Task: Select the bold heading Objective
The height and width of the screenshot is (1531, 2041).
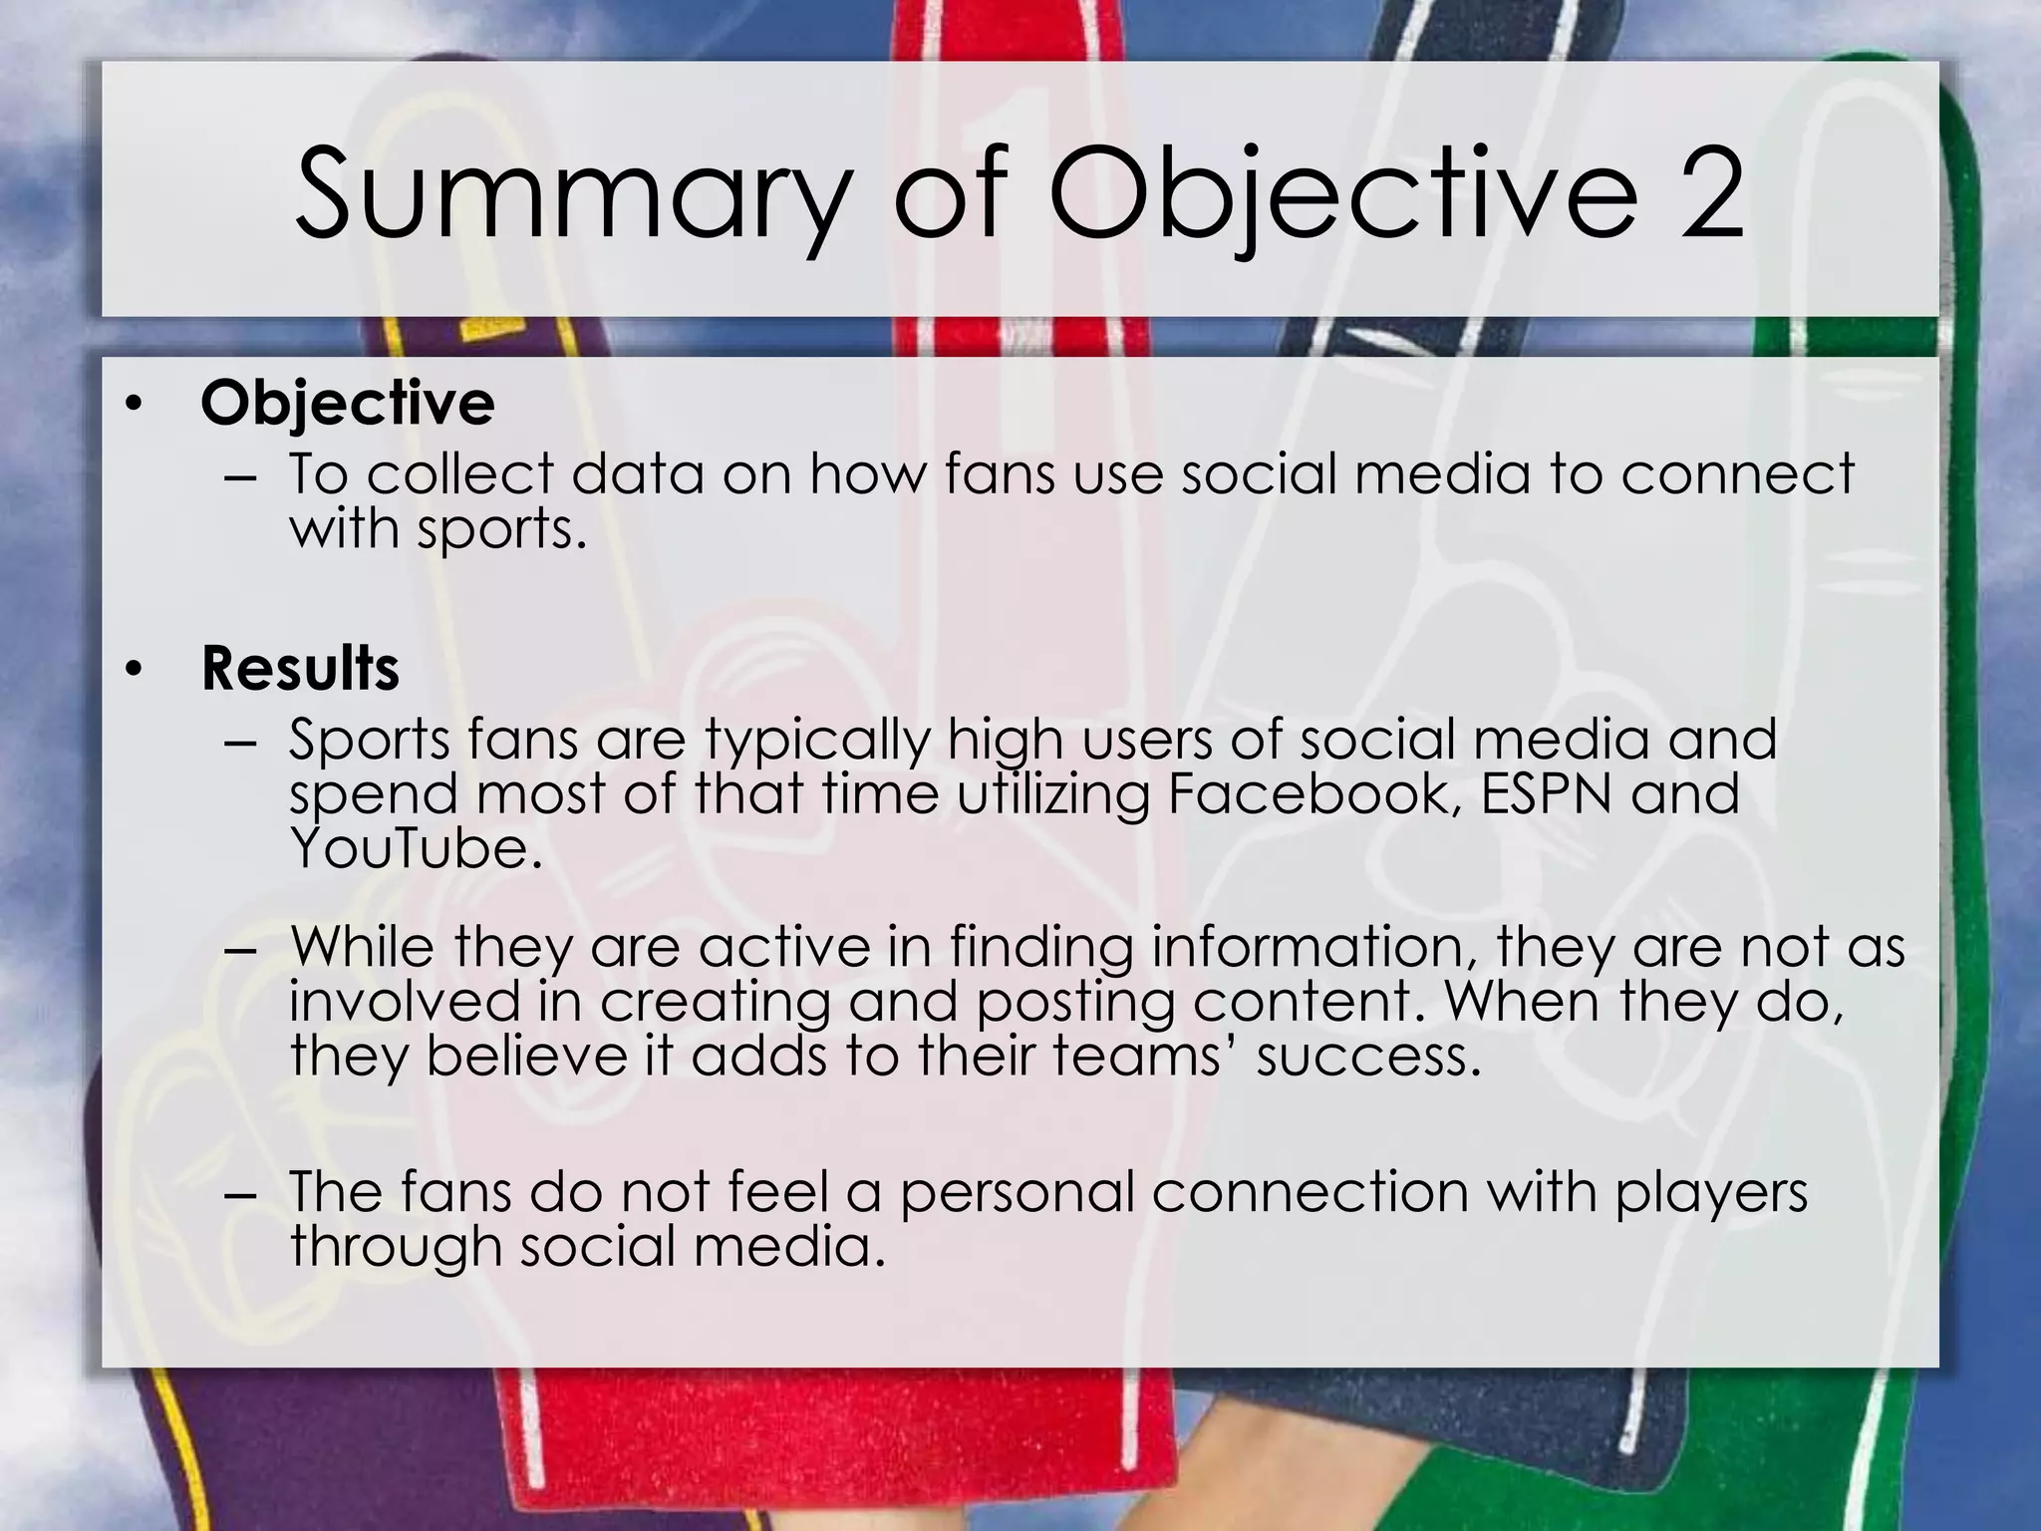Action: coord(347,404)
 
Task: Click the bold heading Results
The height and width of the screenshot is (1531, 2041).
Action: coord(300,668)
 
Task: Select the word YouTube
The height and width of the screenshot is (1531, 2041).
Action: coord(417,848)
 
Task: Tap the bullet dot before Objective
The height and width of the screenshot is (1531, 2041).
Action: coord(135,405)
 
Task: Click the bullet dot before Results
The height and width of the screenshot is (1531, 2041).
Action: coord(135,670)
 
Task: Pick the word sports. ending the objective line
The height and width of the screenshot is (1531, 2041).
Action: coord(501,528)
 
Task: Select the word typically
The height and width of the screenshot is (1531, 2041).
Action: coord(817,741)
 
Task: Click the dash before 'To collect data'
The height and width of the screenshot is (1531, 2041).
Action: coord(240,477)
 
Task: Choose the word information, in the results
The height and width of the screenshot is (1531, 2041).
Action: coord(1314,947)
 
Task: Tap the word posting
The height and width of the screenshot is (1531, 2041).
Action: coord(1075,1002)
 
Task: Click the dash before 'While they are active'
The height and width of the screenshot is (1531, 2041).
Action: coord(240,950)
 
